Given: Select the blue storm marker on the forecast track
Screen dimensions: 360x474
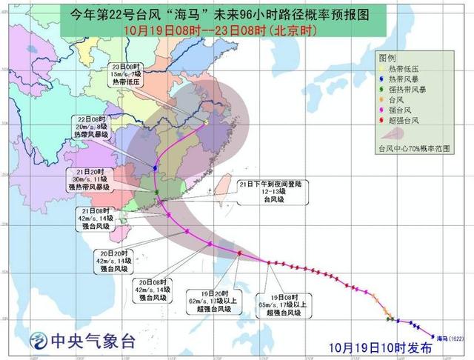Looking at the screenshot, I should pos(155,169).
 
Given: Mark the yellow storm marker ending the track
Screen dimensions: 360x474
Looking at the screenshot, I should pos(205,122).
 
